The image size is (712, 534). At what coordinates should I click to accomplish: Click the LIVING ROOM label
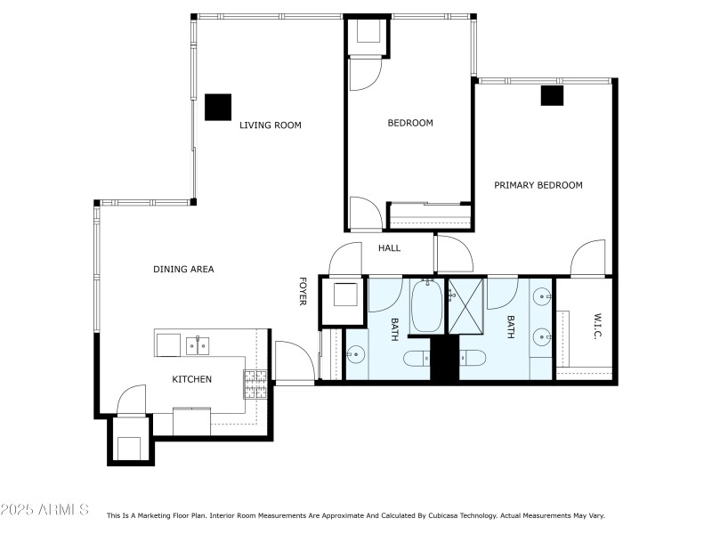[270, 125]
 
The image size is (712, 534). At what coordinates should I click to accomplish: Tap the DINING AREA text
[183, 269]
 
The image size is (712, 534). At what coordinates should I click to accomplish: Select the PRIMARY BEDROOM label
[538, 185]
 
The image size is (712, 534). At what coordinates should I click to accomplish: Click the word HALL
[389, 247]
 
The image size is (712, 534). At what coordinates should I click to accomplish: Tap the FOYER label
[303, 291]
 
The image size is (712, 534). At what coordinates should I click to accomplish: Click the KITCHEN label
[191, 379]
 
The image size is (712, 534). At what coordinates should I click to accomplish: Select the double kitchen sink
[198, 344]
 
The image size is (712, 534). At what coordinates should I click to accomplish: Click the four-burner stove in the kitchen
[255, 384]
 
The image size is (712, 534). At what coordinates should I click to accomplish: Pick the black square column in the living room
[217, 107]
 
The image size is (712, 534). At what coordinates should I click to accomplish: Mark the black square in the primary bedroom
[552, 94]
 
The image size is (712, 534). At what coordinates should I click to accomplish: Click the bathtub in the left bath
[426, 307]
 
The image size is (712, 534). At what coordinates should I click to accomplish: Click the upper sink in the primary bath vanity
[542, 295]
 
